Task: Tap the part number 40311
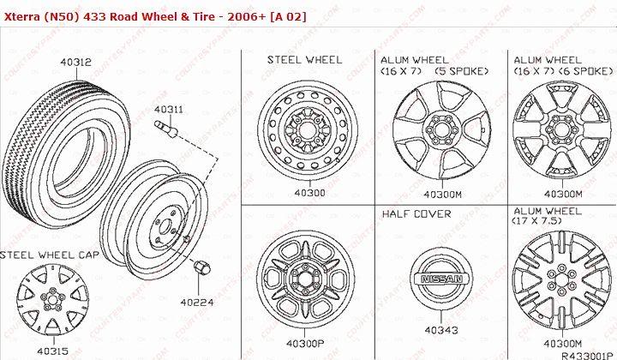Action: (168, 110)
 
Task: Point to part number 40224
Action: (196, 302)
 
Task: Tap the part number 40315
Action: (53, 351)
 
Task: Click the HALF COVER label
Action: (416, 213)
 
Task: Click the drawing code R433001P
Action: (587, 351)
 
